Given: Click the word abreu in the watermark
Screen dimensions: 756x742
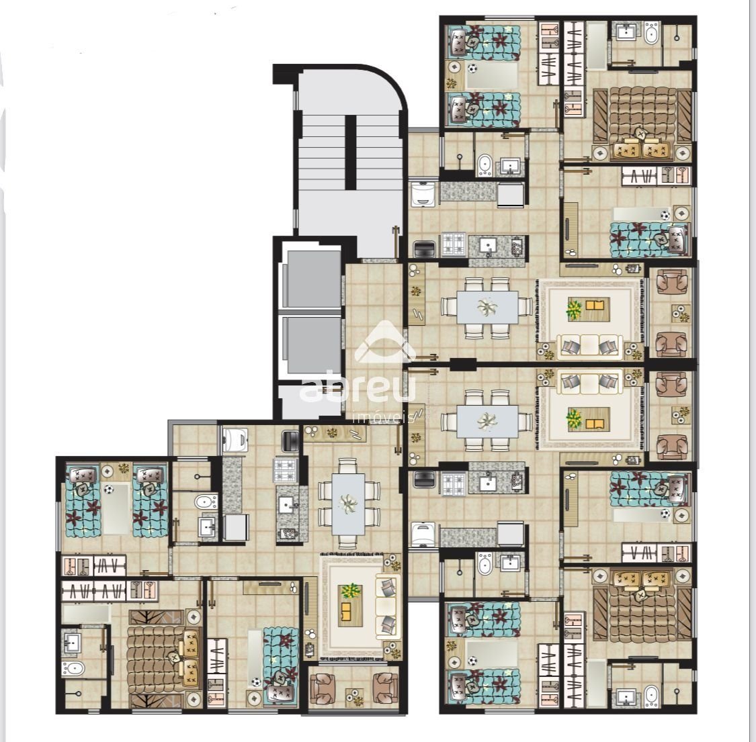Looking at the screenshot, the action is pos(357,386).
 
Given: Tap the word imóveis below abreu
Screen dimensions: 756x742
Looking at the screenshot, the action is pos(384,417).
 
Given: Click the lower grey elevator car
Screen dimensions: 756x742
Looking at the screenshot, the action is pos(311,345).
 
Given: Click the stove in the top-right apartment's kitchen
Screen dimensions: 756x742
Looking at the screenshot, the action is pos(454,244).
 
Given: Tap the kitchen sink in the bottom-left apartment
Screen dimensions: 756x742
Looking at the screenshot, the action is pos(286,505).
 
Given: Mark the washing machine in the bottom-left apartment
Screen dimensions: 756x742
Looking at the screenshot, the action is pos(235,439).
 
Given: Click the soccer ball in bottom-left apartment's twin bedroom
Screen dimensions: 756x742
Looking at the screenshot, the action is pos(109,490).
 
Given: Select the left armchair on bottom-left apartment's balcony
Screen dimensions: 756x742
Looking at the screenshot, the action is pos(322,689).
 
